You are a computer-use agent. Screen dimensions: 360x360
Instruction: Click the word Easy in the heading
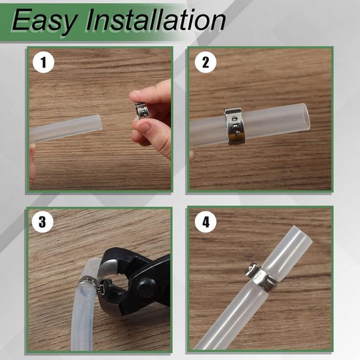coord(43,21)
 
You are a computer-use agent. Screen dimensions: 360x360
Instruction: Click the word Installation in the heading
coord(156,20)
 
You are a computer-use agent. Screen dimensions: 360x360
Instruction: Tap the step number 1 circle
coord(43,62)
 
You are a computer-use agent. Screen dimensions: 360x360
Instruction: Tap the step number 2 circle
coord(206,62)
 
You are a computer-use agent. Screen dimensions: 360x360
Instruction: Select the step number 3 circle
coord(43,222)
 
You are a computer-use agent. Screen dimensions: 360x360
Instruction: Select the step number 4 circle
coord(206,222)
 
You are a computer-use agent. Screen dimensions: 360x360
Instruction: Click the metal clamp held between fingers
coord(141,111)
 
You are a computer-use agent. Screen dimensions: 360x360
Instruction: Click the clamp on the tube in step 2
coord(234,126)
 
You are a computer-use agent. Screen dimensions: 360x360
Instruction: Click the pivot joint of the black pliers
coord(145,287)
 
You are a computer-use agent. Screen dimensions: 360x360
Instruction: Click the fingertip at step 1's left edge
coord(33,162)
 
